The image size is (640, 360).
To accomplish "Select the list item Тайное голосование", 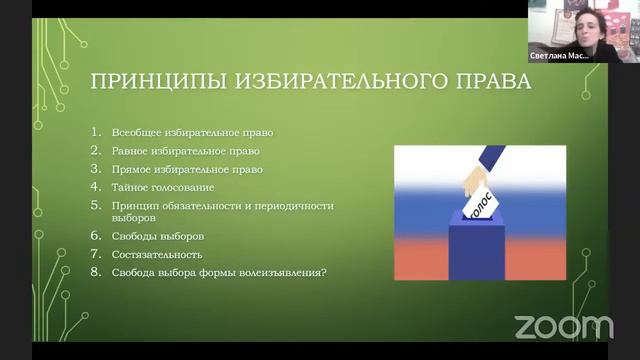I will tap(166, 187).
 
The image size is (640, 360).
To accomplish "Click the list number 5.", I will tap(96, 205).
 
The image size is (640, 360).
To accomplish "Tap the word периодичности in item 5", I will tap(295, 206).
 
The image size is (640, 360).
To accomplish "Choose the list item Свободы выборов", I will tap(158, 236).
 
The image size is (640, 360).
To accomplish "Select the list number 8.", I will tap(96, 272).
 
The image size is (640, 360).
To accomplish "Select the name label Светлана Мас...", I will tap(559, 57).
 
